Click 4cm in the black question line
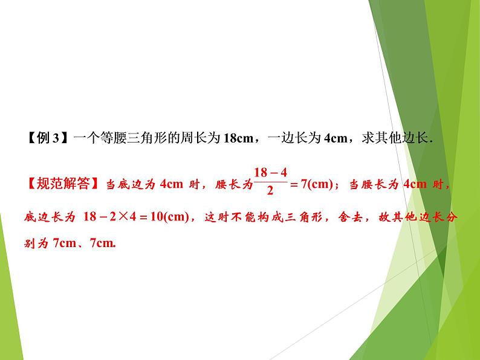(x=335, y=138)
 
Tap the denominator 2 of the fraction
(x=270, y=193)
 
